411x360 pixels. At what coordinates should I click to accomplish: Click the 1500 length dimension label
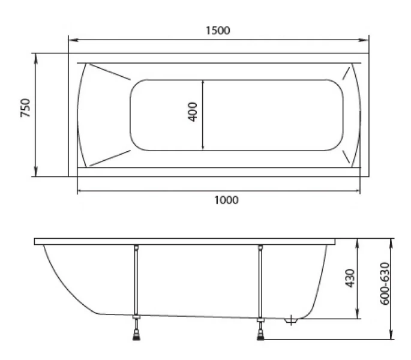coord(218,31)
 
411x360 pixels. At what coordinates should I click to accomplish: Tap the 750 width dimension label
coord(26,108)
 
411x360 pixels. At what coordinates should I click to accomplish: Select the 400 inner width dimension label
coord(193,112)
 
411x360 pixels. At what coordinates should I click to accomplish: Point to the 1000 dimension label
coord(226,200)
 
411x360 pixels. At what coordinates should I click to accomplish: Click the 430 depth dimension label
coord(350,278)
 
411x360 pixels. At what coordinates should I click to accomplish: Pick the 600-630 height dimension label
coord(385,284)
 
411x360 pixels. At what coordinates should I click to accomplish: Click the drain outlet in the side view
coord(290,321)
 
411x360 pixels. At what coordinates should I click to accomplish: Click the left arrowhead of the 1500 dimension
coord(74,40)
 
